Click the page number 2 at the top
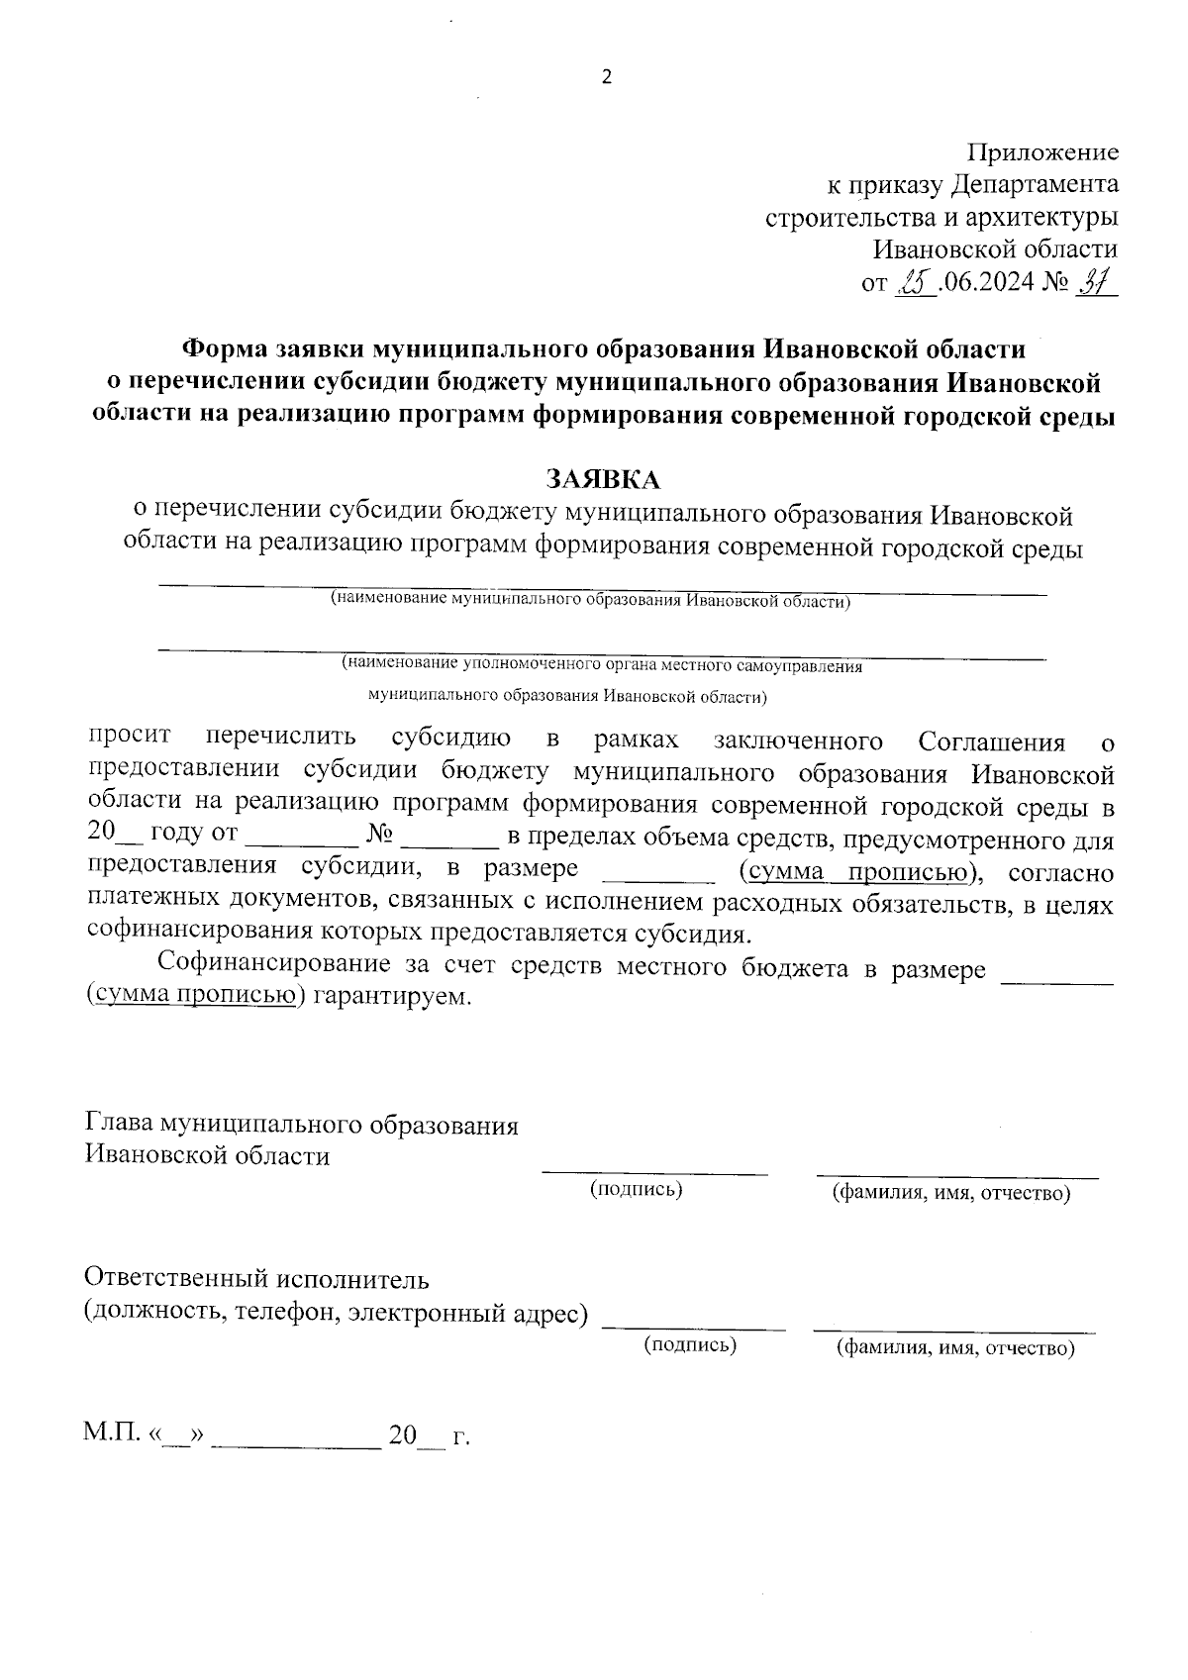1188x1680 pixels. click(x=607, y=78)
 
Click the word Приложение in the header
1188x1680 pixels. click(x=1042, y=152)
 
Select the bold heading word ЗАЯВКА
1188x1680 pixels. click(x=603, y=479)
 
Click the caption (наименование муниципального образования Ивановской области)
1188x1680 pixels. click(x=590, y=600)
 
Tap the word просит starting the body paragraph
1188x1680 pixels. click(x=130, y=737)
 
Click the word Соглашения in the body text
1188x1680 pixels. click(x=991, y=741)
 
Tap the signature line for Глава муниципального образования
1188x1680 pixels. click(x=654, y=1172)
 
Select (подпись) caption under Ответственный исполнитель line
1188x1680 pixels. click(x=690, y=1345)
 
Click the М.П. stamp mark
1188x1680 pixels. click(x=111, y=1434)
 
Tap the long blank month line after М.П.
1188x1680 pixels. click(x=296, y=1444)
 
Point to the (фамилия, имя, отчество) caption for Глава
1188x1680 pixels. click(x=951, y=1194)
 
